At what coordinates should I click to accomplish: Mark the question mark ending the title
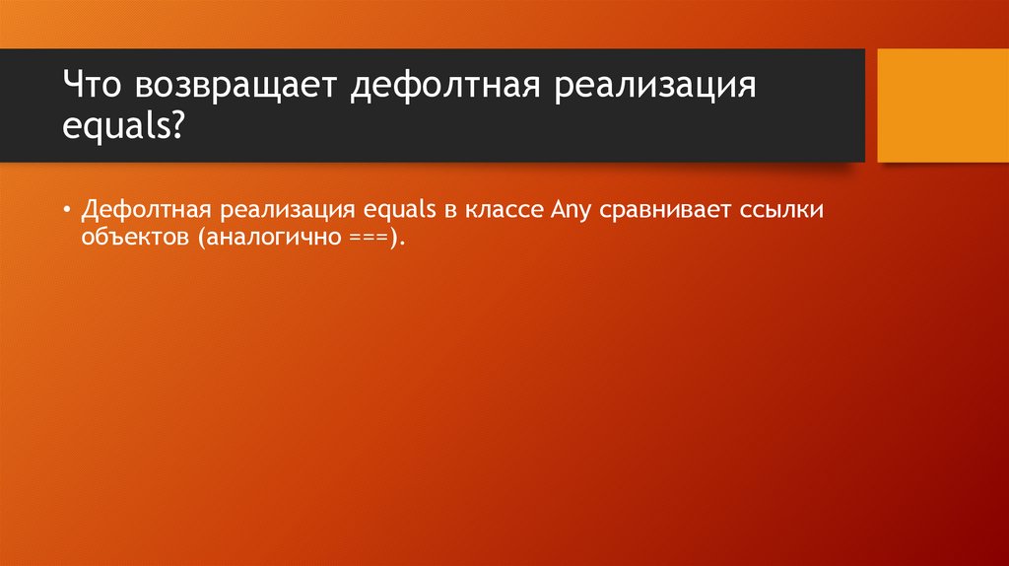[x=176, y=125]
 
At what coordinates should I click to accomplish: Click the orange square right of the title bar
[x=943, y=106]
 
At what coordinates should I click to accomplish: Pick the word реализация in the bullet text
[x=288, y=209]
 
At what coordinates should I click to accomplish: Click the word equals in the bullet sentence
[x=394, y=209]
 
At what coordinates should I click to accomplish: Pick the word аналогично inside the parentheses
[x=255, y=240]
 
